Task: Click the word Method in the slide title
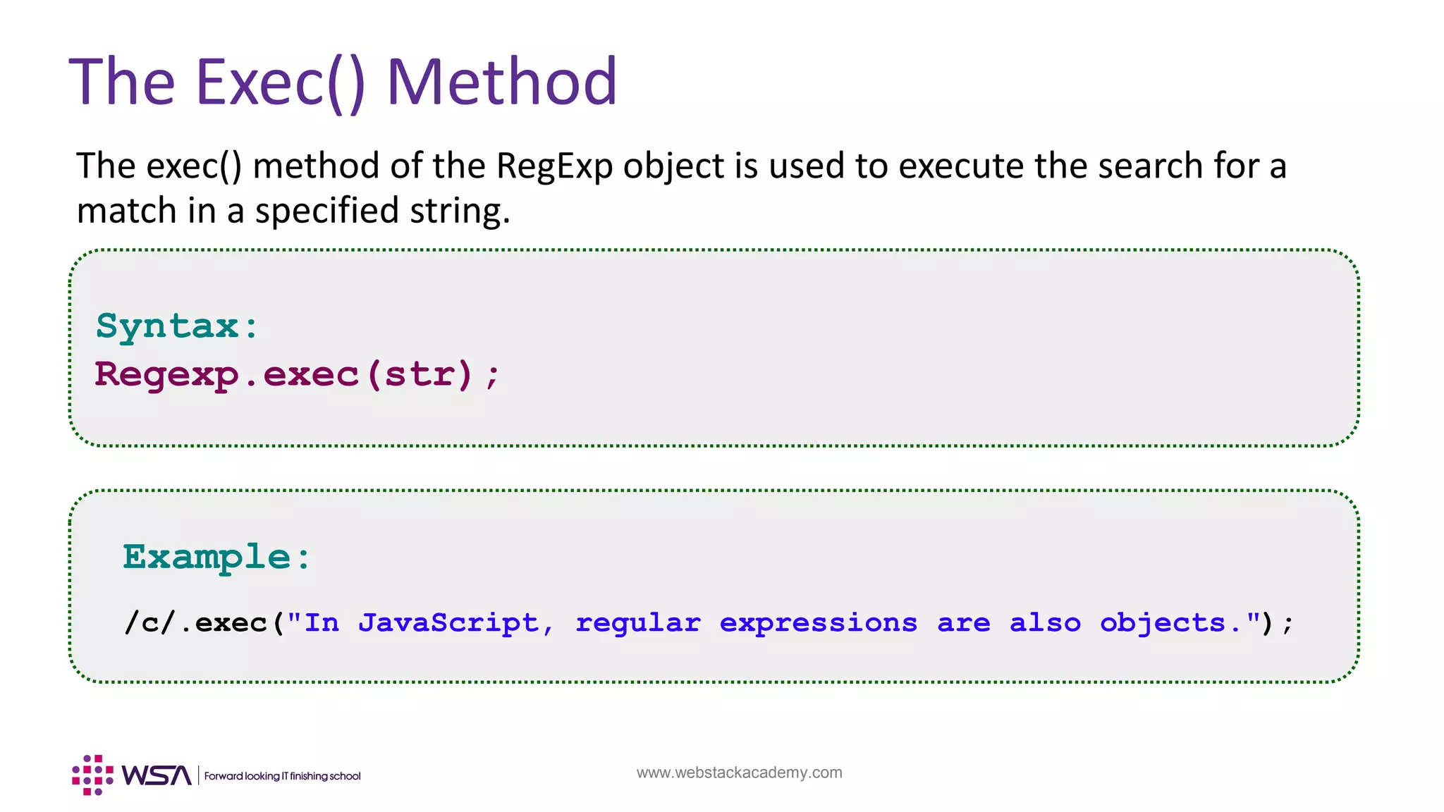pyautogui.click(x=502, y=82)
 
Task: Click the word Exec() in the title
pyautogui.click(x=280, y=82)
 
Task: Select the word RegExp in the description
pyautogui.click(x=553, y=166)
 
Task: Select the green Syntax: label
pyautogui.click(x=177, y=326)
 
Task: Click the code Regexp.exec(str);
pyautogui.click(x=297, y=374)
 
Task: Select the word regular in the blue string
pyautogui.click(x=638, y=623)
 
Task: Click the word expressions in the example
pyautogui.click(x=819, y=623)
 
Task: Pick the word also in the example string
pyautogui.click(x=1045, y=623)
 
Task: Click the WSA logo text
pyautogui.click(x=156, y=775)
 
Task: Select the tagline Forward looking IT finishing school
pyautogui.click(x=282, y=776)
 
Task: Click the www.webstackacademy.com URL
pyautogui.click(x=739, y=773)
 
